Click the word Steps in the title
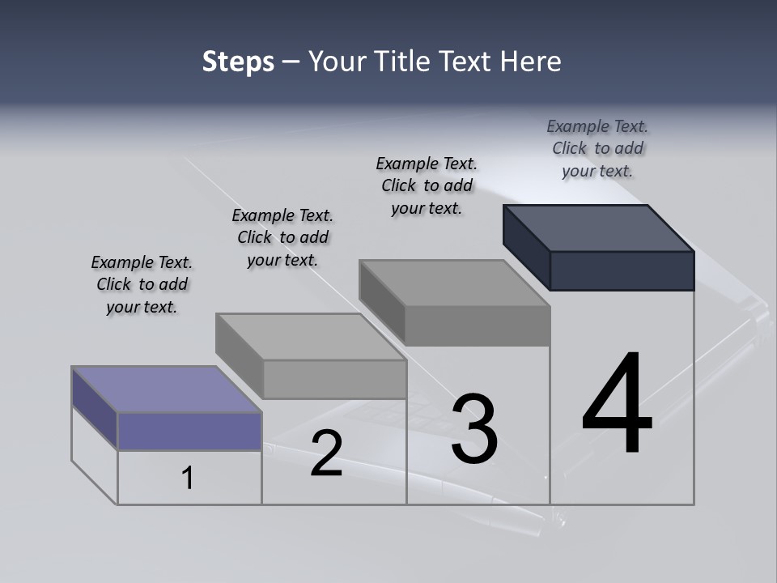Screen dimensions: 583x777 coord(238,62)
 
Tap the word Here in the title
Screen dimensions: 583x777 coord(532,62)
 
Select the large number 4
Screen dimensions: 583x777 coord(617,405)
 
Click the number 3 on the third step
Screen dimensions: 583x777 coord(475,429)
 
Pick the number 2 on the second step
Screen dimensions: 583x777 coord(326,453)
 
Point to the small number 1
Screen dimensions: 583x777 coord(188,478)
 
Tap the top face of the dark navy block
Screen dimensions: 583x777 coord(599,228)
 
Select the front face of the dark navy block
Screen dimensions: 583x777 coord(622,270)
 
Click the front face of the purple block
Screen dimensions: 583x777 coord(189,431)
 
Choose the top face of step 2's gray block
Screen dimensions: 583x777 coord(310,337)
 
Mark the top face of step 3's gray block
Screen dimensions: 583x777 coord(453,283)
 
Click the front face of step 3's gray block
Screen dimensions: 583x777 coord(477,326)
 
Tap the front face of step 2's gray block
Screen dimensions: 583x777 coord(334,379)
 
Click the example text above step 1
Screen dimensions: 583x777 coord(142,284)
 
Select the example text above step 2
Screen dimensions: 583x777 coord(282,237)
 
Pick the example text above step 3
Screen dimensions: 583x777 coord(427,185)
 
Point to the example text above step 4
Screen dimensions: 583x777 coord(597,148)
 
